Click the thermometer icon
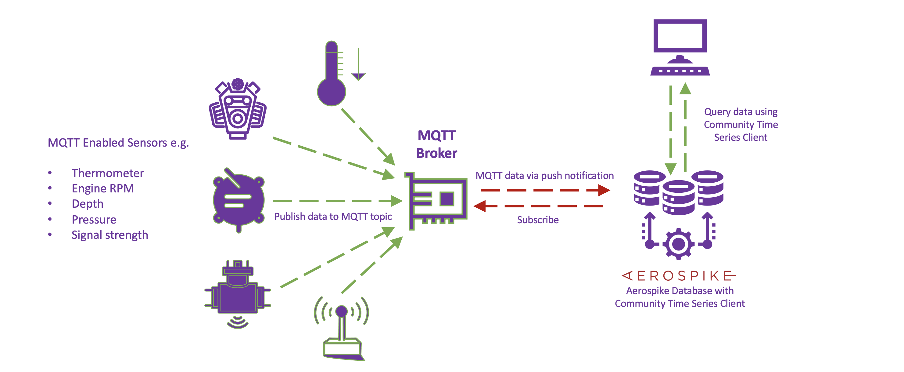click(331, 75)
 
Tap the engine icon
click(238, 110)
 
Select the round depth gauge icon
click(238, 200)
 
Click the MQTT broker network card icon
click(436, 200)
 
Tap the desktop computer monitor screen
click(680, 36)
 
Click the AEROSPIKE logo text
click(679, 276)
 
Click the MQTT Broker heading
click(436, 144)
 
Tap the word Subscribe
click(538, 220)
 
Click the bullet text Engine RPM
click(102, 189)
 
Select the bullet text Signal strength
click(109, 235)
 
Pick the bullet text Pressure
click(94, 220)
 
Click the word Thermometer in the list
click(108, 173)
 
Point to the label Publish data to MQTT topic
click(333, 216)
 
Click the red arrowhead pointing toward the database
click(604, 190)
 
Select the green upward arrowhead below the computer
click(685, 89)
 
